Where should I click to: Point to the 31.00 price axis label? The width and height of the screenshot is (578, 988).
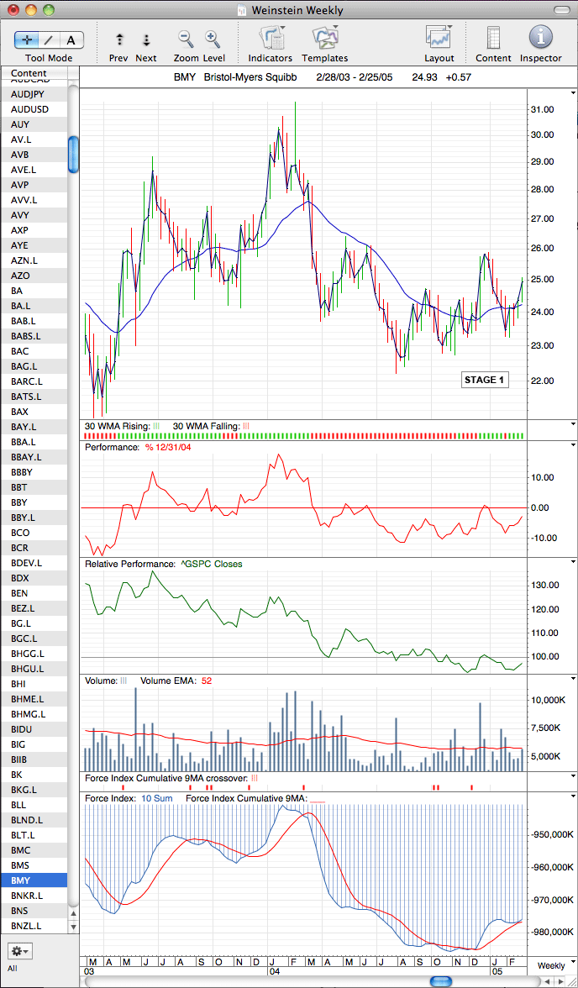click(x=544, y=109)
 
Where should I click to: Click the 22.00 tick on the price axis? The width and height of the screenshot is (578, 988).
click(x=544, y=381)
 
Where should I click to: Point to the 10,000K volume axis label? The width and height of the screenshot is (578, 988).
click(x=547, y=700)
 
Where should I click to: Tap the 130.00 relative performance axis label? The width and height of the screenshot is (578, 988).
click(x=544, y=586)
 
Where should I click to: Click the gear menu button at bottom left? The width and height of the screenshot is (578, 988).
click(x=19, y=950)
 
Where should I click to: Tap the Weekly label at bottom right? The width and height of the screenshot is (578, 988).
click(x=551, y=965)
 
